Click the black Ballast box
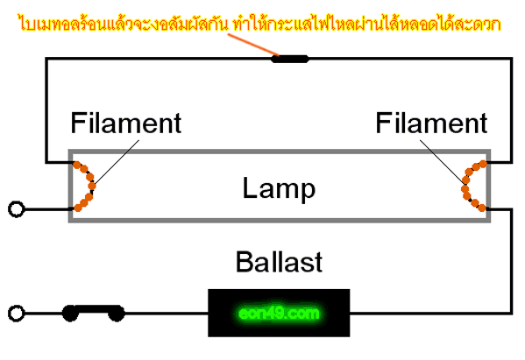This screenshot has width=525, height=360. click(x=279, y=313)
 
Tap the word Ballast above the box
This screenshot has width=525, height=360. click(x=279, y=262)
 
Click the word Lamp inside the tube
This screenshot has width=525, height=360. click(x=279, y=189)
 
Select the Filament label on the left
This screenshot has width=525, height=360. click(x=126, y=123)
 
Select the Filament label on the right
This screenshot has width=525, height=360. click(x=431, y=123)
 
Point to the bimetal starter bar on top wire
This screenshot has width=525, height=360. click(x=289, y=60)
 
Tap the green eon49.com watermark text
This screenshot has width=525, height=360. click(x=279, y=314)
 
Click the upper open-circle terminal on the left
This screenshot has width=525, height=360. click(x=16, y=209)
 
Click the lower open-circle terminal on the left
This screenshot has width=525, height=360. click(x=16, y=314)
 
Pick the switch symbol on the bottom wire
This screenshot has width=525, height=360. click(x=94, y=314)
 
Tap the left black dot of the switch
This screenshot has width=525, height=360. click(x=70, y=314)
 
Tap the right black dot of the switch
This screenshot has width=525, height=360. click(x=117, y=314)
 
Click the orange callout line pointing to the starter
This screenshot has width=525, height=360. click(x=253, y=45)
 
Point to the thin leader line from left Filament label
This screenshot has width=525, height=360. click(x=117, y=162)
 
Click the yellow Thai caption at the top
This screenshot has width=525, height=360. click(x=259, y=23)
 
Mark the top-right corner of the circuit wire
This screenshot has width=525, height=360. click(x=511, y=59)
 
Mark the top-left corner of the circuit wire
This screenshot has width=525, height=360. click(x=46, y=59)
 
